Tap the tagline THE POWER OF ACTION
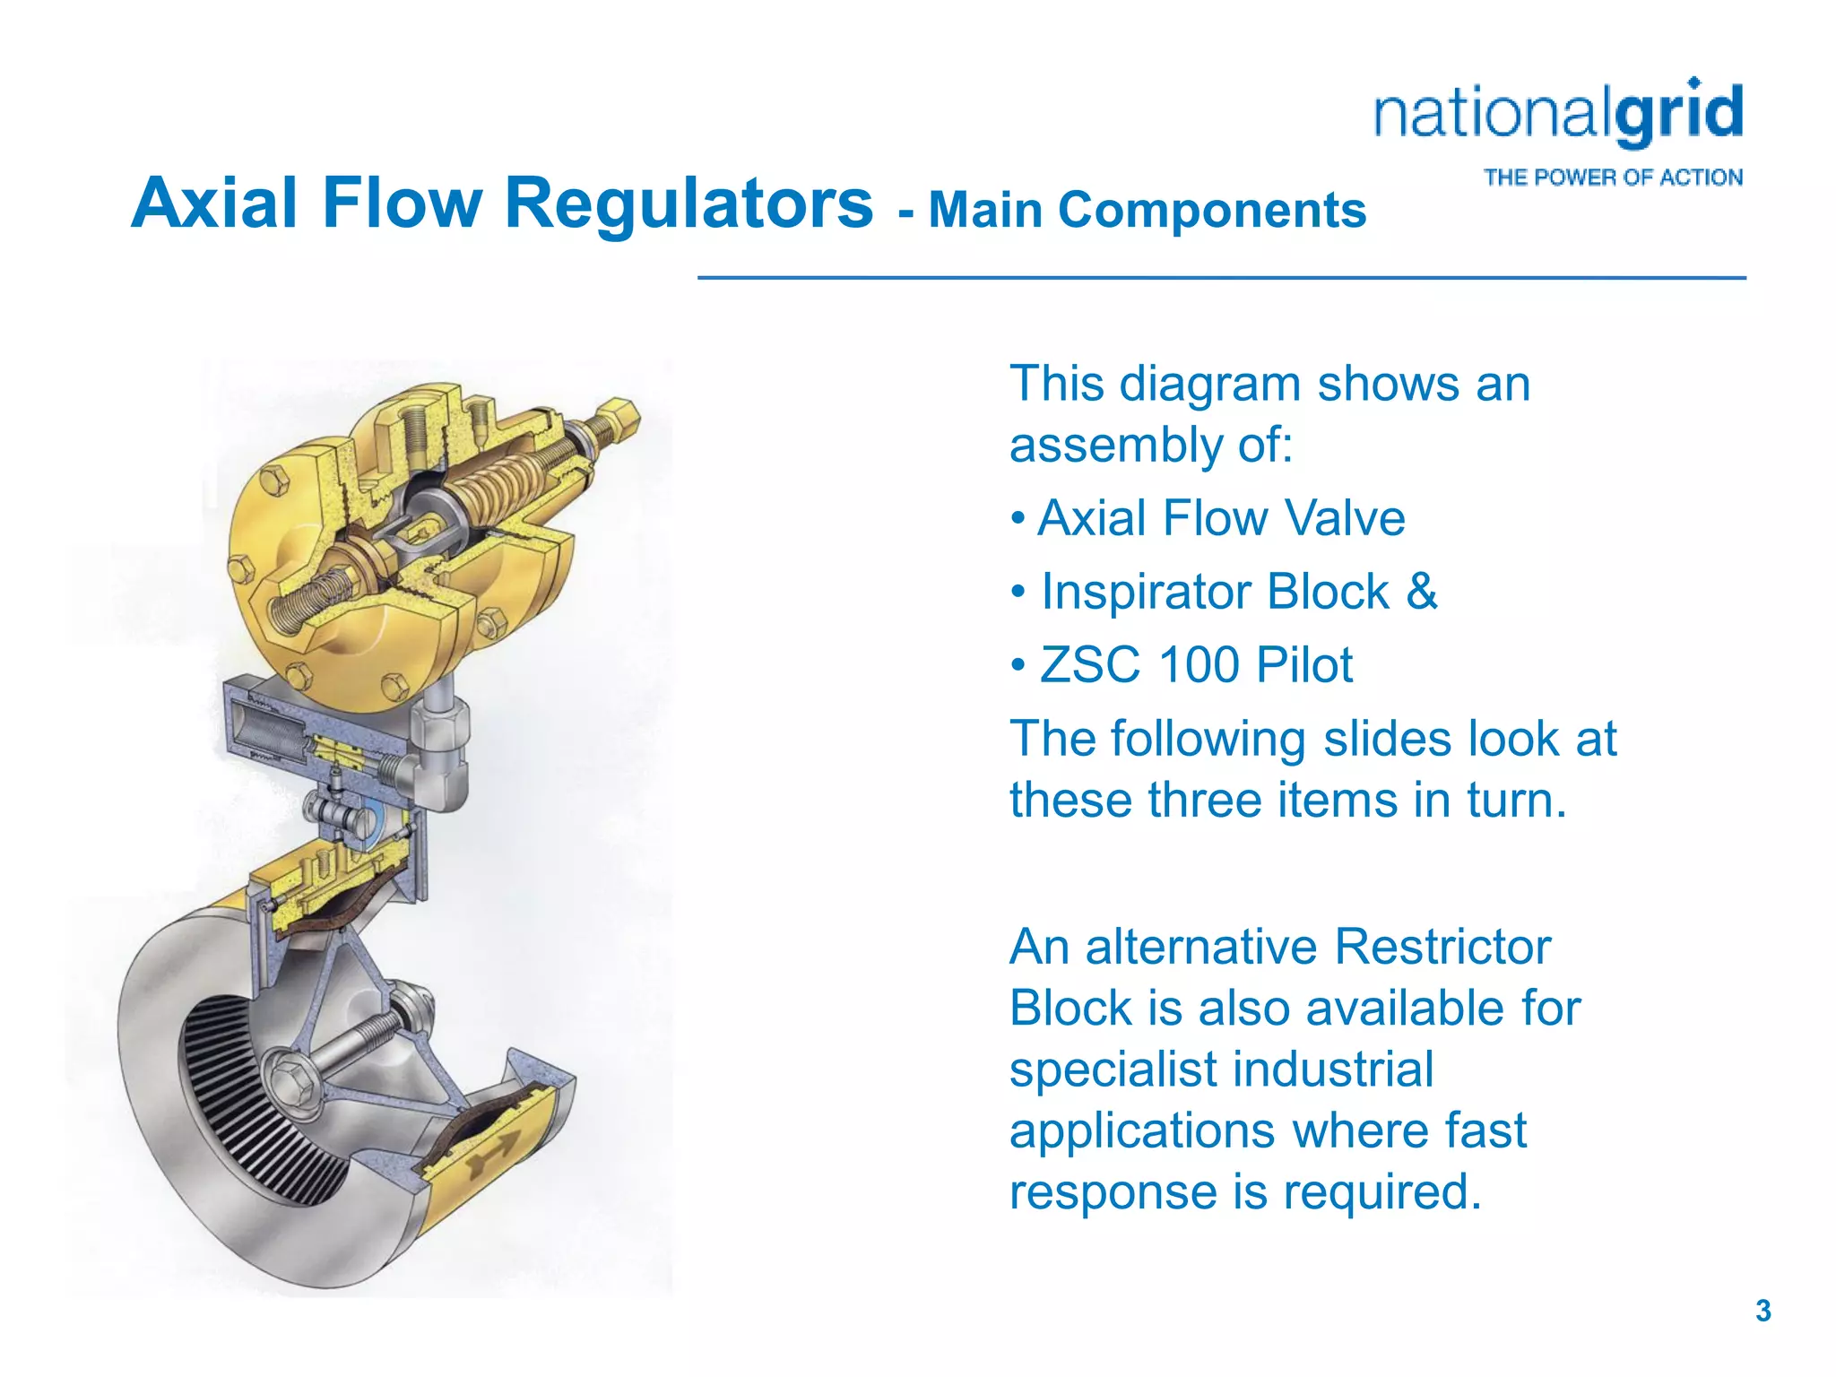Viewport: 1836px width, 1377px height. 1613,178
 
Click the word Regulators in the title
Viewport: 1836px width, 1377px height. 688,204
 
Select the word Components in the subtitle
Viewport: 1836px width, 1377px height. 1211,211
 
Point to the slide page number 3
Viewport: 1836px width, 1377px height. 1762,1311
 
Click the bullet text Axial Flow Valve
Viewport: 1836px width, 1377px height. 1220,518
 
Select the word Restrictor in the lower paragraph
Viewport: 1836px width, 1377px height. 1442,947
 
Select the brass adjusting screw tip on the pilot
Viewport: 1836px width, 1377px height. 619,417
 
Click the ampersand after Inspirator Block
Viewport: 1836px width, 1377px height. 1422,592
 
